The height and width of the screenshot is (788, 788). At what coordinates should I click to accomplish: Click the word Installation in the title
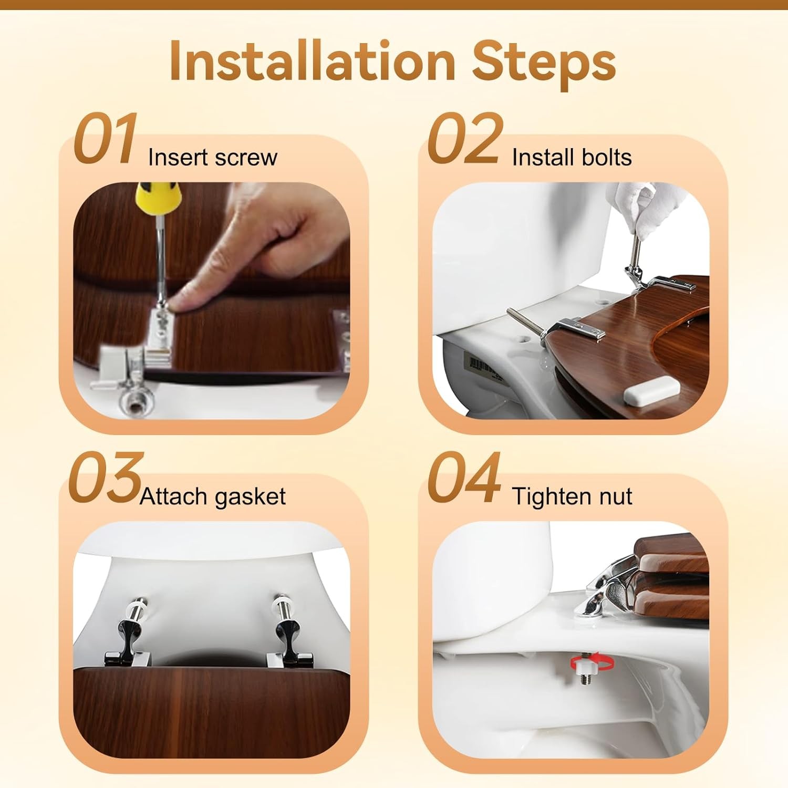click(x=312, y=62)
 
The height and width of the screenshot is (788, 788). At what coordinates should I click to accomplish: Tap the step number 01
click(x=106, y=138)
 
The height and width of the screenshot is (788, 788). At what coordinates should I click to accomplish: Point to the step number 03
click(x=105, y=477)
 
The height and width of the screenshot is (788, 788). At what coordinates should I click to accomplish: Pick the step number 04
click(x=464, y=477)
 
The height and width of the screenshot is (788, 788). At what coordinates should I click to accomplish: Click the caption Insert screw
click(x=213, y=157)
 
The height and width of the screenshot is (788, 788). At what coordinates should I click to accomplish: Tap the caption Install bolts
click(x=572, y=157)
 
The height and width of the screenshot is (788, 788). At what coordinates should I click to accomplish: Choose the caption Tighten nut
click(x=572, y=496)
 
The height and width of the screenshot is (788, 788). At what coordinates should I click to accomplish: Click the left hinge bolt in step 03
click(x=131, y=630)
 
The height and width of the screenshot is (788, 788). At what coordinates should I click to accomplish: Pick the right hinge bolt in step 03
click(x=287, y=630)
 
